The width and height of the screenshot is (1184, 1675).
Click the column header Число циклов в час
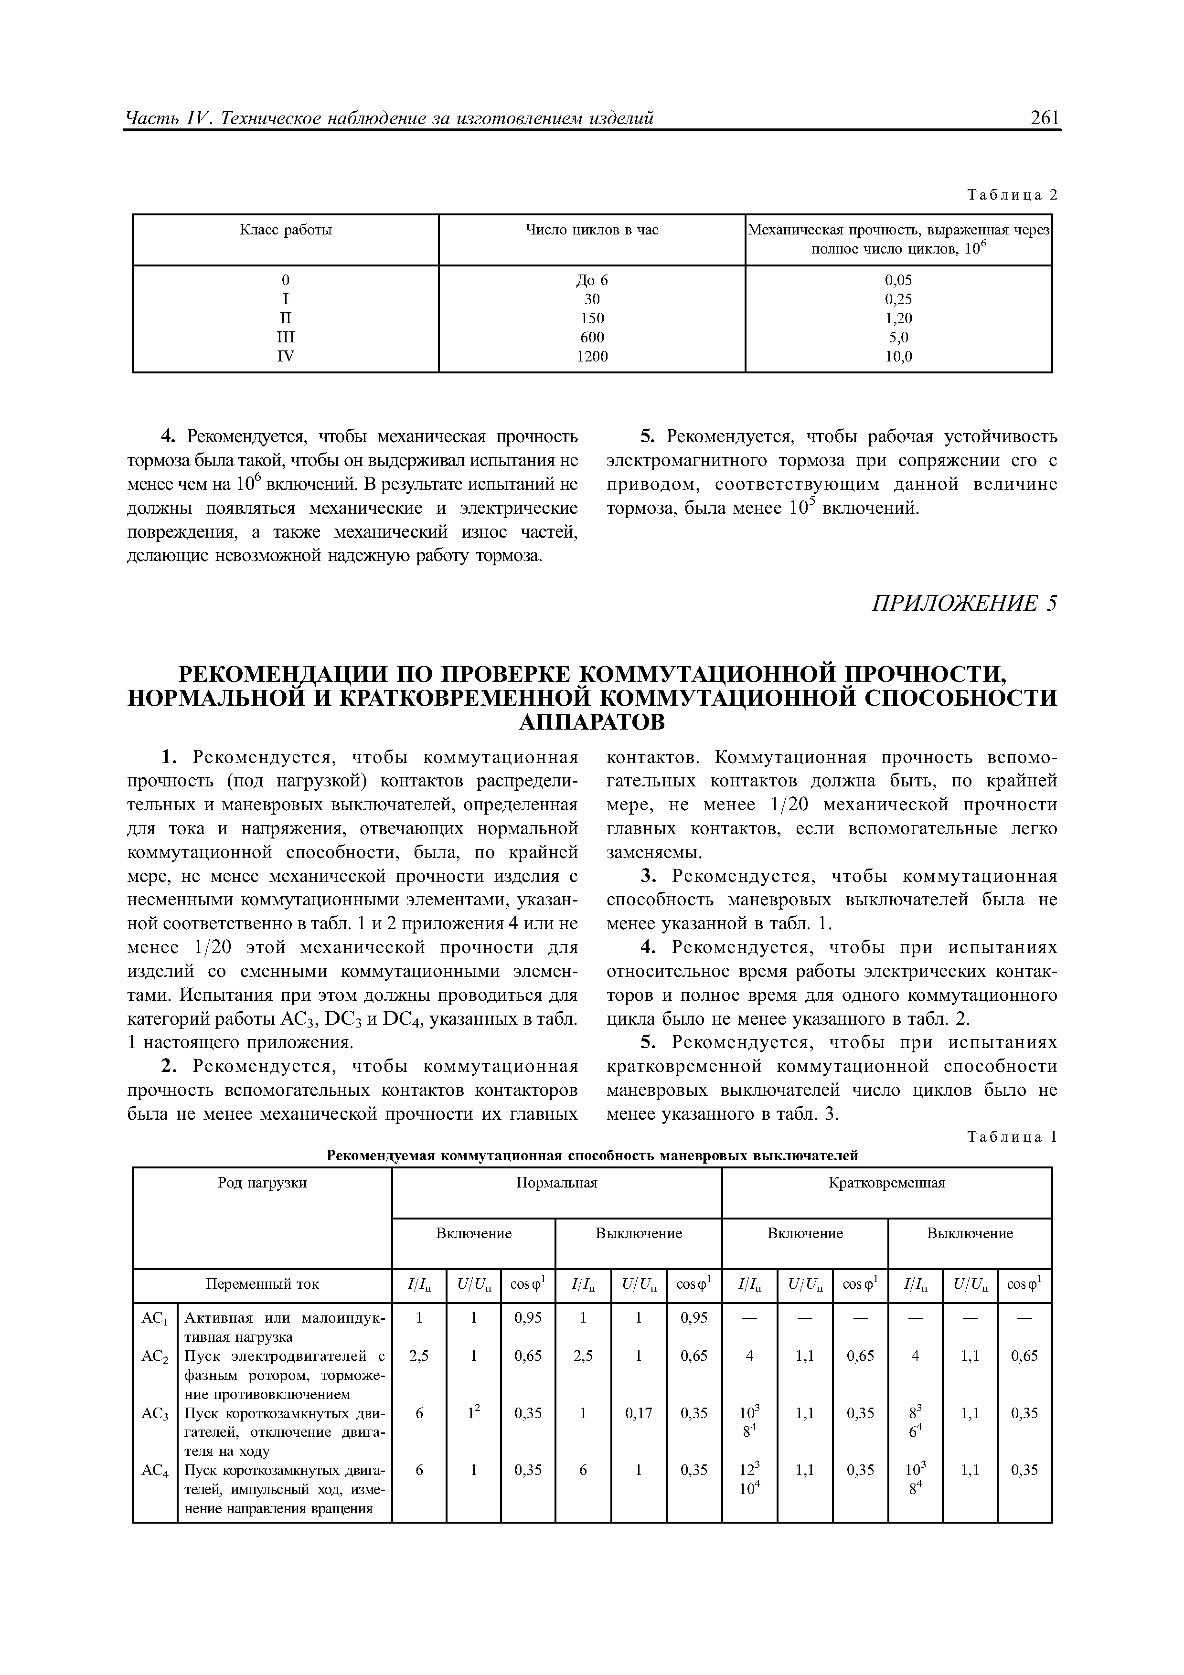click(592, 231)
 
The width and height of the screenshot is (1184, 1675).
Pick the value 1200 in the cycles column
click(592, 357)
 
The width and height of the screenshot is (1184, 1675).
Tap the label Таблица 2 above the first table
click(1011, 195)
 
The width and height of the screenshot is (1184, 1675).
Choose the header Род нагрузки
click(262, 1183)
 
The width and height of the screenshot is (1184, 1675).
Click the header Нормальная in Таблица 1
click(556, 1183)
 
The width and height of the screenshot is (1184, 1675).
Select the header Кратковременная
click(886, 1183)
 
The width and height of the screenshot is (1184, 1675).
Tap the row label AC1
click(155, 1318)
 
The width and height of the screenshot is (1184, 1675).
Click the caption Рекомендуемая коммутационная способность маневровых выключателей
click(592, 1156)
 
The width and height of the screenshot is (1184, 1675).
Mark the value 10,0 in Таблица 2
click(898, 357)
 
